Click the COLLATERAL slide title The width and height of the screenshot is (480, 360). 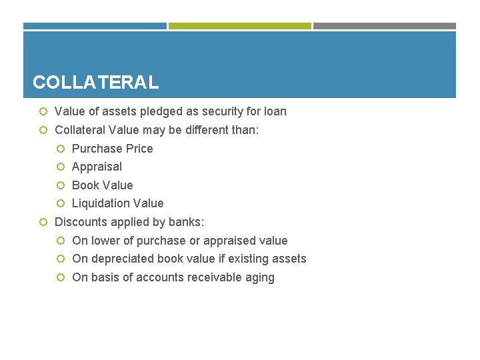95,82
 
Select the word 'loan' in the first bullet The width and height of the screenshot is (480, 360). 274,111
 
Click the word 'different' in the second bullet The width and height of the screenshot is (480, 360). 200,130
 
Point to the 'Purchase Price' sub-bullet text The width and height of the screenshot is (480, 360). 112,149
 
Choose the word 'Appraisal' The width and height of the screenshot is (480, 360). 97,167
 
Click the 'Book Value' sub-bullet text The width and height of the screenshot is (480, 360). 102,185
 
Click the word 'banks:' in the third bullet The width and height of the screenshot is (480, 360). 187,222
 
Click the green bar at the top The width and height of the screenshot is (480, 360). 240,26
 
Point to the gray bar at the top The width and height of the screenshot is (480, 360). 385,26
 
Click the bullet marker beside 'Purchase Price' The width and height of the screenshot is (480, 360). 61,149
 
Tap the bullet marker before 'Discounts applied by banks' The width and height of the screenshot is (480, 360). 43,222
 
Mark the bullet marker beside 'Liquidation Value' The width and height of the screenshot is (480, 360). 61,203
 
